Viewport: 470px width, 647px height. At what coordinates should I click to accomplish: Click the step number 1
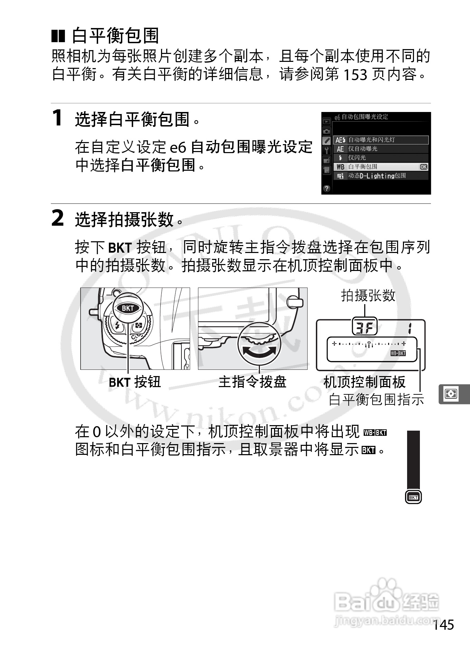click(x=57, y=118)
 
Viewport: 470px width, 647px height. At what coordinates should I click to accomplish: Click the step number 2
click(x=57, y=218)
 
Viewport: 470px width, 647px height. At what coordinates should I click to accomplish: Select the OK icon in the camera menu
click(x=423, y=167)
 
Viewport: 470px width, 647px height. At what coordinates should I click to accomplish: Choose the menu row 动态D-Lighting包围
click(x=380, y=176)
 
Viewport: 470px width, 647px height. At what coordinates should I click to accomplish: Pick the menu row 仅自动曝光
click(x=380, y=149)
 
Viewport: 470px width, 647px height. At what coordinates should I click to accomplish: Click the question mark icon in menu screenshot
click(x=327, y=188)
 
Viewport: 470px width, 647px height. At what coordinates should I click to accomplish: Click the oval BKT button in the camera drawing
click(x=128, y=308)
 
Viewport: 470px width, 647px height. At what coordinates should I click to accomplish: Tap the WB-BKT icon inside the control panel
click(x=398, y=353)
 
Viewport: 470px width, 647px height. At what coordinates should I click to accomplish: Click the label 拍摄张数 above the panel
click(x=368, y=296)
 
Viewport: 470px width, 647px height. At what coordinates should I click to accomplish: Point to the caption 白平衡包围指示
click(x=376, y=400)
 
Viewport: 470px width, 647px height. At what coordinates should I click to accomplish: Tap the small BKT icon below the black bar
click(x=413, y=497)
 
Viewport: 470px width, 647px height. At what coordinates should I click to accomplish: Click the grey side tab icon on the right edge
click(x=451, y=394)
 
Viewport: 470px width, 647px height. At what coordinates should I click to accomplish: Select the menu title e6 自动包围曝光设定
click(x=361, y=117)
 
